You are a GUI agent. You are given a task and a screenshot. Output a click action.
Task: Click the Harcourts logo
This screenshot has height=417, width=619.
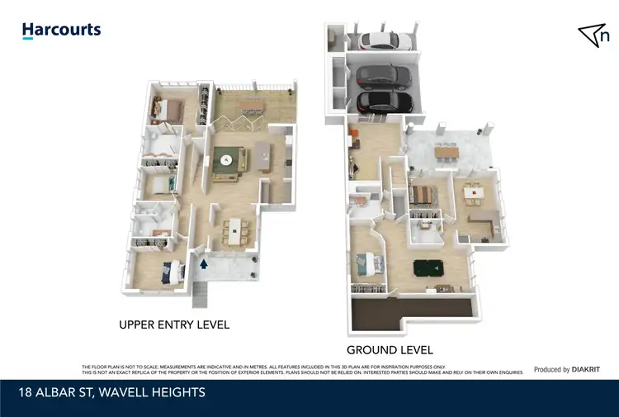[61, 31]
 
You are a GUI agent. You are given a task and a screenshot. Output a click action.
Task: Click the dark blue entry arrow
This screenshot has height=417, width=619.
[204, 264]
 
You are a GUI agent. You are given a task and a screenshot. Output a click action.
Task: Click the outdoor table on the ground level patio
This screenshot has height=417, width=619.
[446, 152]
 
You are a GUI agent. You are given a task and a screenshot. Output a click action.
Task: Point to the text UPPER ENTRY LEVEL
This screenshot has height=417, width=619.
[174, 325]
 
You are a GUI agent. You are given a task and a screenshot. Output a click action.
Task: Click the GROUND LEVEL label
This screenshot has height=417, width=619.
[390, 350]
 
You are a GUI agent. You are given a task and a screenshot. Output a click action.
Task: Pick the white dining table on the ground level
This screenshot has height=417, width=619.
[473, 192]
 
